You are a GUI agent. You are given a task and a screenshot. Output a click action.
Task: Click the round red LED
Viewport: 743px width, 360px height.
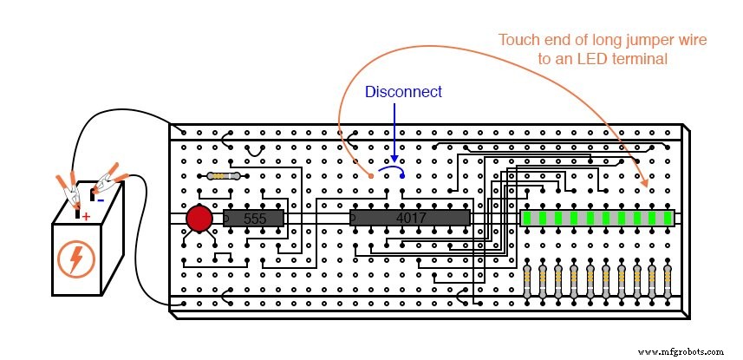pos(199,219)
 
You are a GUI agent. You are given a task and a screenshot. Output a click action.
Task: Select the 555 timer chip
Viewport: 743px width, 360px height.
pos(254,219)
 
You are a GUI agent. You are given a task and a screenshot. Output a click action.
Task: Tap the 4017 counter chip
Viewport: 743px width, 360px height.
pos(409,218)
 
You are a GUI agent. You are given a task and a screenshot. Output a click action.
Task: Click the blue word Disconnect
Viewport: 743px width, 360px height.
pos(403,92)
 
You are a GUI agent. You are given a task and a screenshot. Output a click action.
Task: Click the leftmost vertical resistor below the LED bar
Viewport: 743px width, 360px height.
pos(529,283)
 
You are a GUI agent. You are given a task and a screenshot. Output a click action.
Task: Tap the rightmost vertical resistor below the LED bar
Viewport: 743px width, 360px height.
pos(667,283)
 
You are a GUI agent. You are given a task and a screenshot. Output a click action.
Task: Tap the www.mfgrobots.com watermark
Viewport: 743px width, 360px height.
pos(679,351)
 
